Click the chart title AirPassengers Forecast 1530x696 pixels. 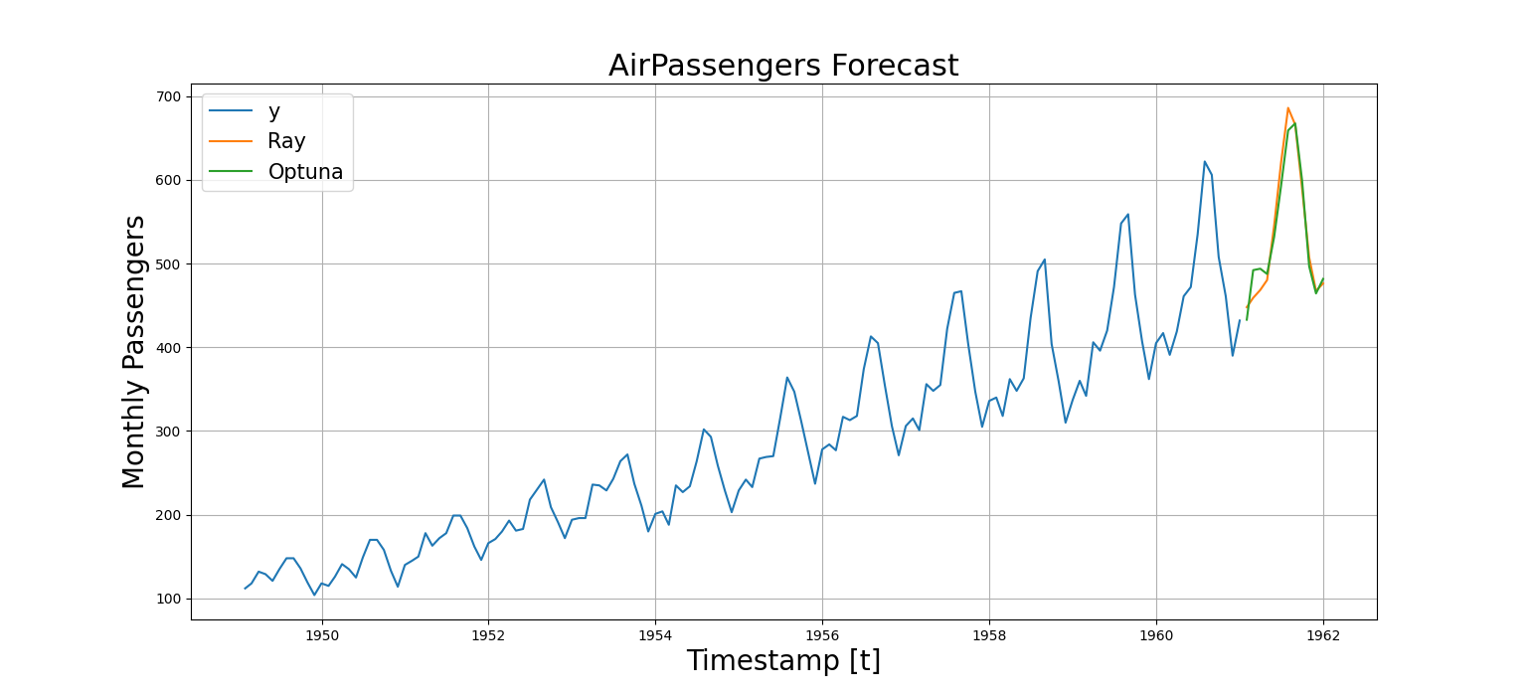tap(783, 66)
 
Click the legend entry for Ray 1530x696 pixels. tap(286, 141)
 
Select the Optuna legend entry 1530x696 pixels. tap(305, 172)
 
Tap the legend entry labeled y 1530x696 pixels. tap(274, 111)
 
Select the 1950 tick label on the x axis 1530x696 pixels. tap(321, 634)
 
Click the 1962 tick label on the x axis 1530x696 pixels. tap(1322, 634)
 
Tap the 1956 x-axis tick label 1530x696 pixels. tap(821, 634)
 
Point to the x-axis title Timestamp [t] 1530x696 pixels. tap(783, 661)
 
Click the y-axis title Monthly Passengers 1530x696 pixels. tap(134, 352)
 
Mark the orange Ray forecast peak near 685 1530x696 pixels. tap(1287, 108)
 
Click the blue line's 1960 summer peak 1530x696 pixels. tap(1204, 161)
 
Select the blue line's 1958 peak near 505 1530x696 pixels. tap(1044, 260)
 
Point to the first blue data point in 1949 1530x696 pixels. tap(245, 589)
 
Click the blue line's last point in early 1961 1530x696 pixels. tap(1239, 320)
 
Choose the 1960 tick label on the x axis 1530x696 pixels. tap(1155, 634)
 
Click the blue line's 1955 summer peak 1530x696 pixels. tap(786, 378)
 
